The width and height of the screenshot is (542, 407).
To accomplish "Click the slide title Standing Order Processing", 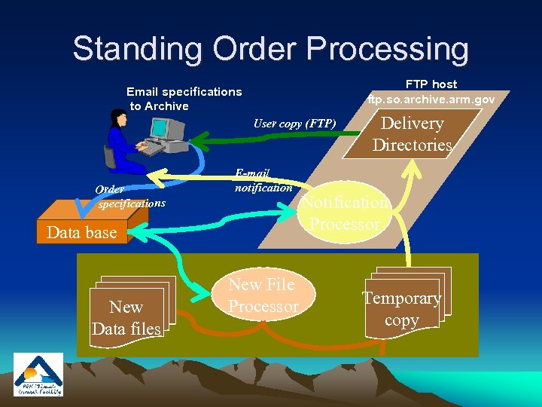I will point(270,49).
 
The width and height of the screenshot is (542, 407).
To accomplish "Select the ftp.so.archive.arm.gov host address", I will point(431,99).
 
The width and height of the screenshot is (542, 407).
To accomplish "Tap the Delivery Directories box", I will point(412,134).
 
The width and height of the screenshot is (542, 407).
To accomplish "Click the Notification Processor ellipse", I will point(346,213).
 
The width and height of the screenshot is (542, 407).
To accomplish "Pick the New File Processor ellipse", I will point(263,295).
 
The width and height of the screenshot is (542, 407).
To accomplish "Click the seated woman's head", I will point(117,118).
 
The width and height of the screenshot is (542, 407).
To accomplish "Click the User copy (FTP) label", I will point(294,124).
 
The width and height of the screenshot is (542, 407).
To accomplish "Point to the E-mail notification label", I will point(263,180).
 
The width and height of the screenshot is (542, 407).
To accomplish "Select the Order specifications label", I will point(128,197).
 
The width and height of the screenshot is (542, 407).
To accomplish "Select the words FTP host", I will point(431,84).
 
